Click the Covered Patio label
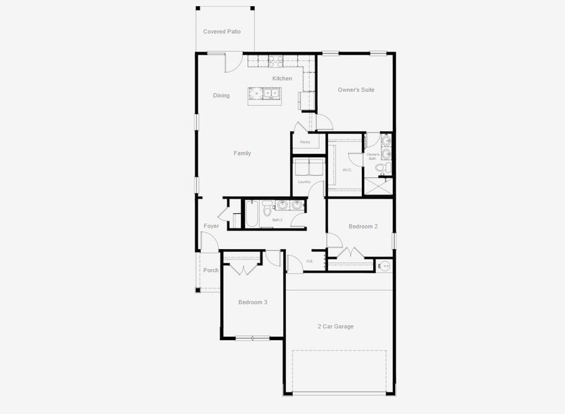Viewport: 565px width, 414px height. (x=222, y=32)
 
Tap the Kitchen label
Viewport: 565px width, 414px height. (x=282, y=79)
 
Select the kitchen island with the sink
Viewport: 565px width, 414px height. (x=265, y=95)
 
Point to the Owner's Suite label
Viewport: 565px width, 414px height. (x=356, y=90)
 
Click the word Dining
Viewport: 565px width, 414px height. (x=221, y=96)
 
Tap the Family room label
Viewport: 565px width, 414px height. (x=242, y=153)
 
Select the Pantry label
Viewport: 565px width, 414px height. (x=305, y=143)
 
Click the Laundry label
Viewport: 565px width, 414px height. (x=304, y=182)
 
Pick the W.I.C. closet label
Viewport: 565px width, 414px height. (x=347, y=170)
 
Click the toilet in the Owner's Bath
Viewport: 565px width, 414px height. (x=387, y=168)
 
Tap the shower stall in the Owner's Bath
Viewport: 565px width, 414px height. (x=379, y=186)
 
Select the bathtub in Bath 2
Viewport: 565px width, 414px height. (x=251, y=214)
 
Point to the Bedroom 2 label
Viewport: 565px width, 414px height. (x=363, y=226)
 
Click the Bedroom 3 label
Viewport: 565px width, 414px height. (x=253, y=302)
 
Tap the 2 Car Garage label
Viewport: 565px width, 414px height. (x=336, y=326)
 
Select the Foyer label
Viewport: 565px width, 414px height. (x=211, y=226)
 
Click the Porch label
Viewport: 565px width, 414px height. (x=211, y=270)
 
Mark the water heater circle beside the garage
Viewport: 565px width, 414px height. (x=385, y=265)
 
